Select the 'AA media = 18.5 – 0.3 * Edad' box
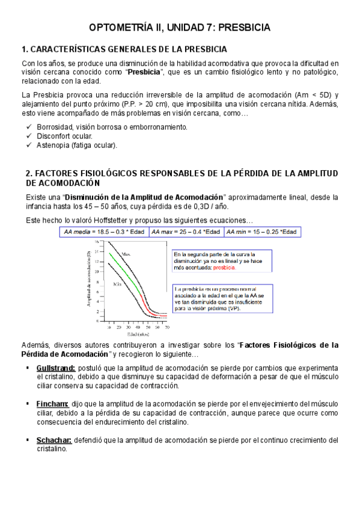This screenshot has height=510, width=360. click(x=113, y=232)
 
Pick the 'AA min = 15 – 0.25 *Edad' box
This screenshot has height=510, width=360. click(x=262, y=232)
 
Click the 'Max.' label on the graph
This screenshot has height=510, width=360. click(x=126, y=254)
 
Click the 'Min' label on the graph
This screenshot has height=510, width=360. click(x=118, y=283)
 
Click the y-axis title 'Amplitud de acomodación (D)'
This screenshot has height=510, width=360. click(x=89, y=281)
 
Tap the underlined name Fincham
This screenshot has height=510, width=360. click(x=52, y=404)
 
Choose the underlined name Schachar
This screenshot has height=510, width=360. click(x=54, y=440)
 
